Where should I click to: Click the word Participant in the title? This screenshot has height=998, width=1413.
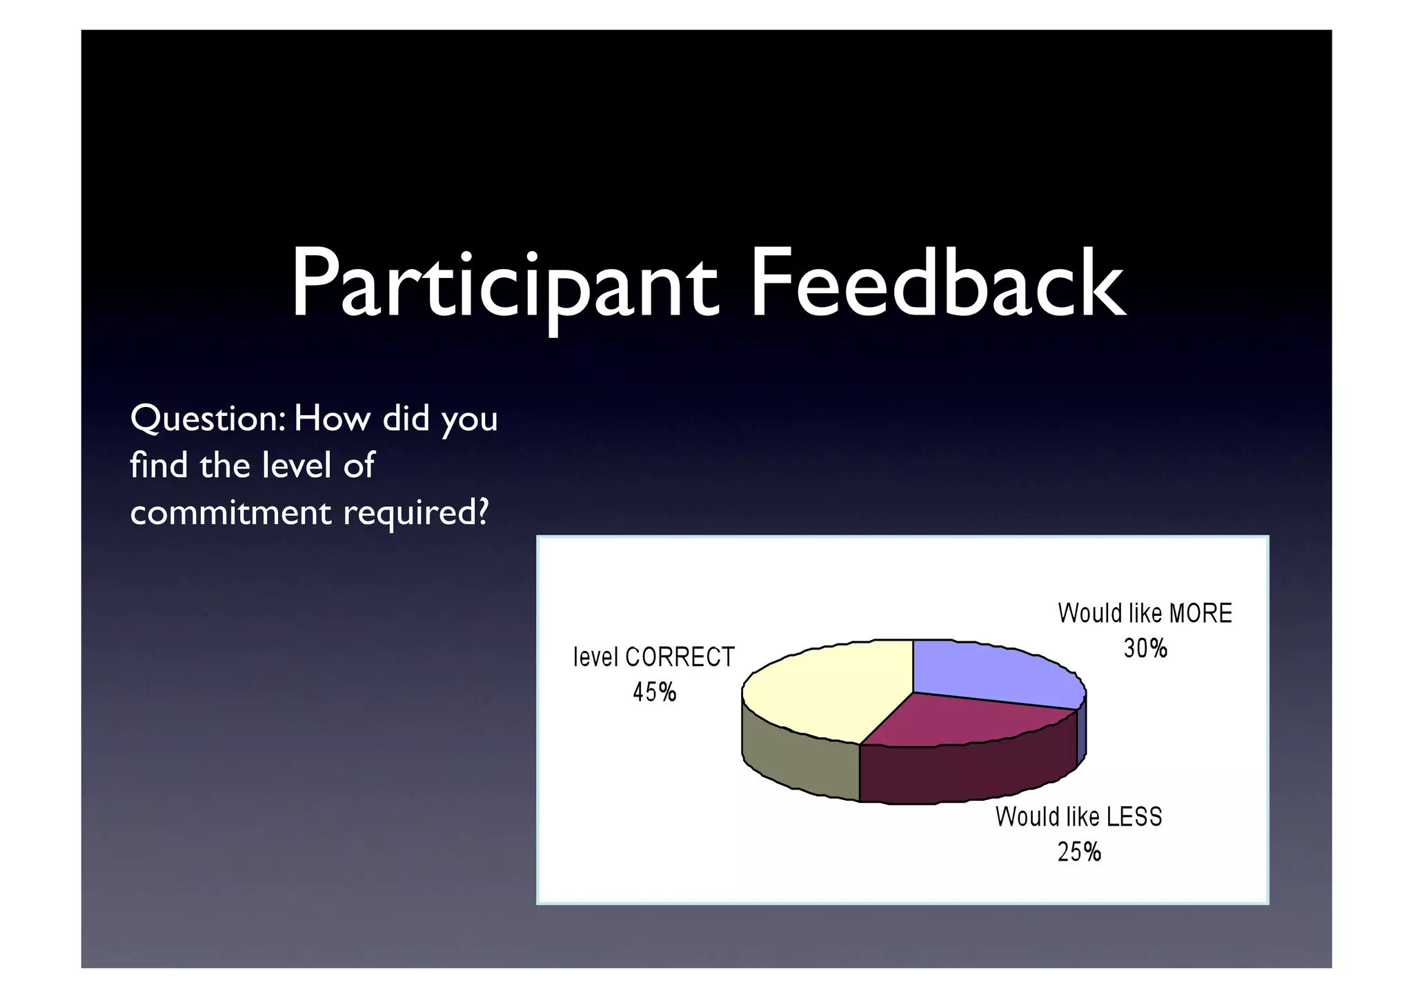click(504, 286)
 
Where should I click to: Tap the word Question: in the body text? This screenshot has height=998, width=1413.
click(207, 419)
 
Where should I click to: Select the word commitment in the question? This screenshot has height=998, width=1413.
click(231, 512)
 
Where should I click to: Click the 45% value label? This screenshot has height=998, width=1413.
click(654, 692)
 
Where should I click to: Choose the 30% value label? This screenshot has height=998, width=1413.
click(1145, 648)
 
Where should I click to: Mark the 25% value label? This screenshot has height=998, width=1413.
click(1079, 852)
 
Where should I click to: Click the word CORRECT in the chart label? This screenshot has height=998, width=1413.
click(680, 657)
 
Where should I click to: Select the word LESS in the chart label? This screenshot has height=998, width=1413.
click(1134, 817)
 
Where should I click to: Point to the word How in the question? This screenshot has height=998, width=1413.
click(332, 419)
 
